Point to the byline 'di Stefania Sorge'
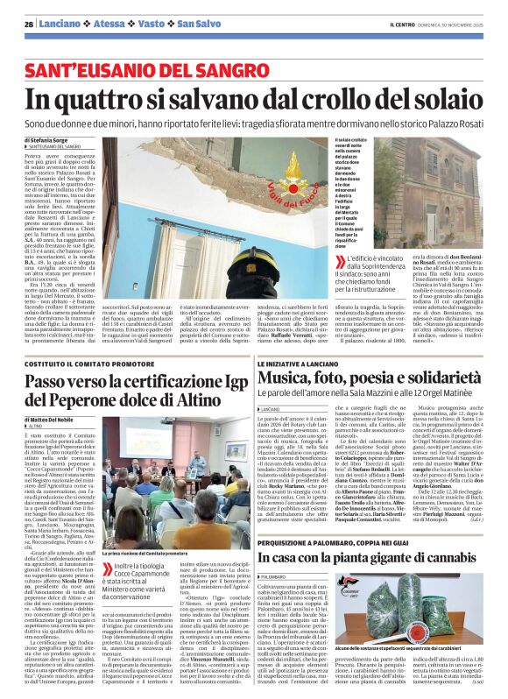point(49,138)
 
